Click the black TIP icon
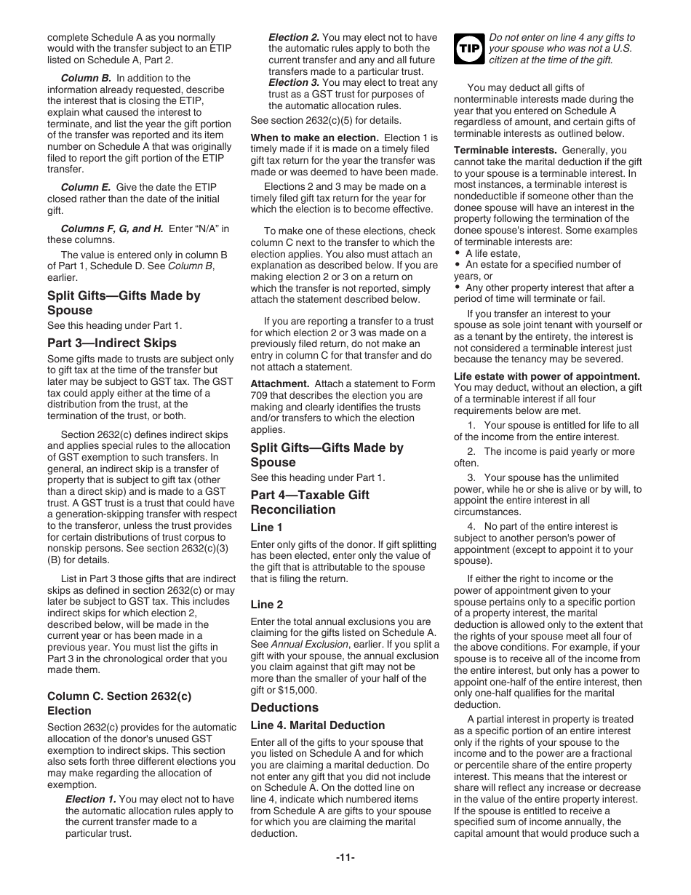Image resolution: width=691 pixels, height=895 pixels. (x=468, y=49)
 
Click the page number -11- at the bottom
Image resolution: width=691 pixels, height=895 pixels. (x=345, y=857)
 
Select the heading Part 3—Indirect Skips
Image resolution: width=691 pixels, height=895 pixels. (x=111, y=343)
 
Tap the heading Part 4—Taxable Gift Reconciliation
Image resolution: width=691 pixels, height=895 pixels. (x=309, y=502)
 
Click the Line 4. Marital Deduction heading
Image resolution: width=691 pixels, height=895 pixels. (x=317, y=725)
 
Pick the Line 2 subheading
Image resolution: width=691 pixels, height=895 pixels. (x=266, y=605)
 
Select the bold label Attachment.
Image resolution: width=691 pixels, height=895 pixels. (x=280, y=383)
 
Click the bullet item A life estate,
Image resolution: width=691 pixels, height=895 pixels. (x=492, y=253)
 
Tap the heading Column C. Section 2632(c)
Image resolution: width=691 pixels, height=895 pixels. (x=119, y=696)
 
